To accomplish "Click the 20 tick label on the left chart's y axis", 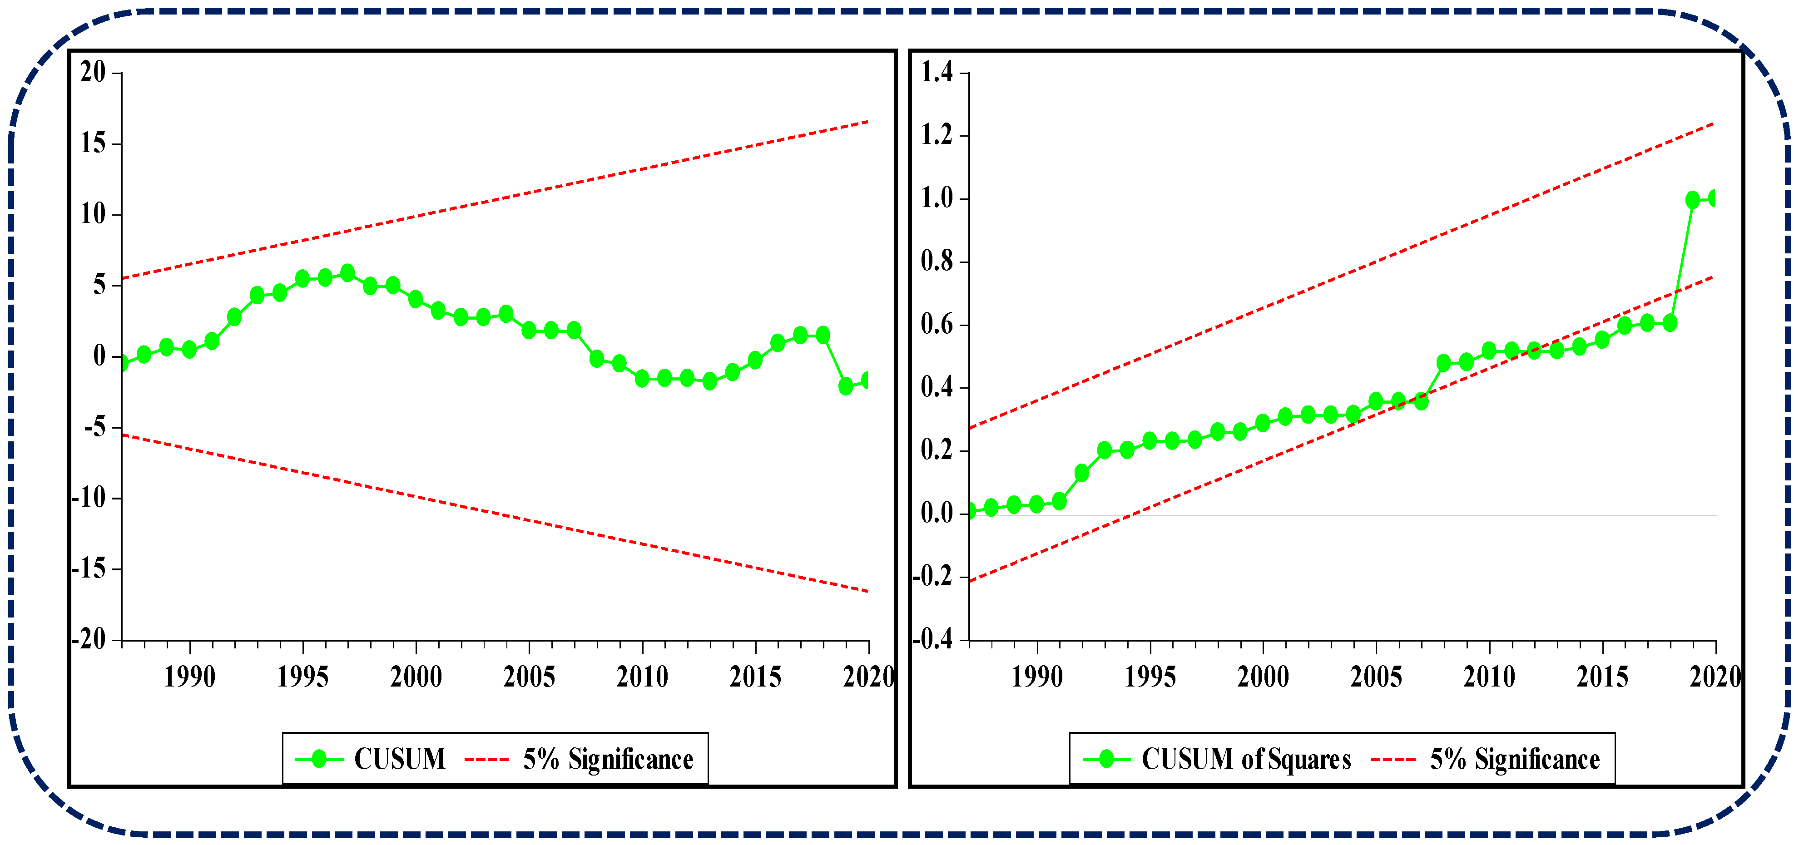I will click(x=93, y=72).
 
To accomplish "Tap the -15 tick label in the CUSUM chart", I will click(x=89, y=569).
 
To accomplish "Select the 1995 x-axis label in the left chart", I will click(x=302, y=677).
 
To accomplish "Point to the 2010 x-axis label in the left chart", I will click(x=642, y=677).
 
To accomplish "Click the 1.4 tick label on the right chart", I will click(x=937, y=72).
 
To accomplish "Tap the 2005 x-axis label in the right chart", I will click(x=1376, y=677).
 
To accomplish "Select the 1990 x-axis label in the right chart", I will click(x=1036, y=677).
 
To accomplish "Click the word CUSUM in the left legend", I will click(x=400, y=759).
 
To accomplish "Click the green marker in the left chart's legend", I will click(x=319, y=759).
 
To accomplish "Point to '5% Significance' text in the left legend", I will click(x=608, y=759).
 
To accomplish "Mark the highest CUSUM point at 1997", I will click(x=347, y=273).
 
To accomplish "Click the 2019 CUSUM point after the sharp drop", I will click(x=846, y=386).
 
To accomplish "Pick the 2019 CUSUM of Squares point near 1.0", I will click(x=1692, y=200).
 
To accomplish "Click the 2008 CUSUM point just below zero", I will click(x=596, y=359).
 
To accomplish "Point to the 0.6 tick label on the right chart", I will click(x=937, y=325).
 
